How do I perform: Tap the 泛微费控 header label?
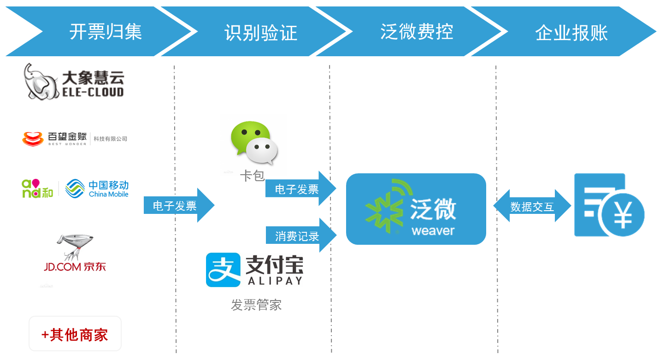[417, 32]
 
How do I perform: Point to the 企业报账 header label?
[571, 33]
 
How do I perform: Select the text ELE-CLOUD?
[93, 92]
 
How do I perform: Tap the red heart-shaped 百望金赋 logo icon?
[32, 138]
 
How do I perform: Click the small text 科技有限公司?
[110, 139]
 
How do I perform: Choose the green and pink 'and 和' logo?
[37, 189]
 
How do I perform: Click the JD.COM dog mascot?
[74, 247]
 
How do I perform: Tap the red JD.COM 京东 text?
[75, 266]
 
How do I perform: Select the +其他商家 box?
[75, 334]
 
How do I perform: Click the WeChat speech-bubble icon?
[254, 142]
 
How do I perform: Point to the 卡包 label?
[252, 176]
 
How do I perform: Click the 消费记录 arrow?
[300, 236]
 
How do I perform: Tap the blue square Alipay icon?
[223, 270]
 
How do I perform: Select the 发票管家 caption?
[256, 305]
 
